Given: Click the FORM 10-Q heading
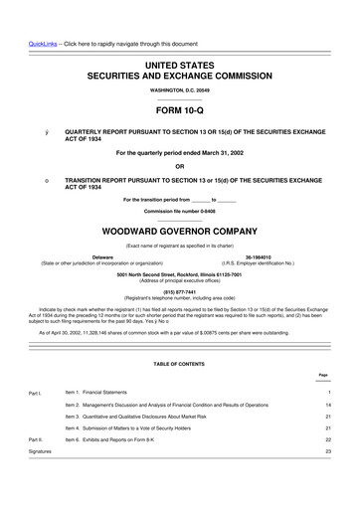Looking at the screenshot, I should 179,111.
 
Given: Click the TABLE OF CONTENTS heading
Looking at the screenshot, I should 179,365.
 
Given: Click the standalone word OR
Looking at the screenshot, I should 179,165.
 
